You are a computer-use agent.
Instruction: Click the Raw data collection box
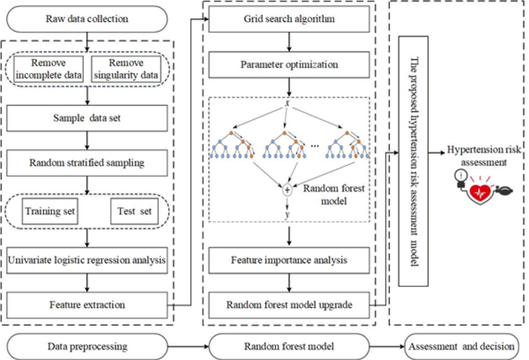coord(89,16)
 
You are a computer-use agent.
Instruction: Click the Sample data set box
coord(89,118)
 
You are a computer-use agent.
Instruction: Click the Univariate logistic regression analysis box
coord(89,262)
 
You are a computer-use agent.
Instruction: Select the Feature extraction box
coord(89,306)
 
